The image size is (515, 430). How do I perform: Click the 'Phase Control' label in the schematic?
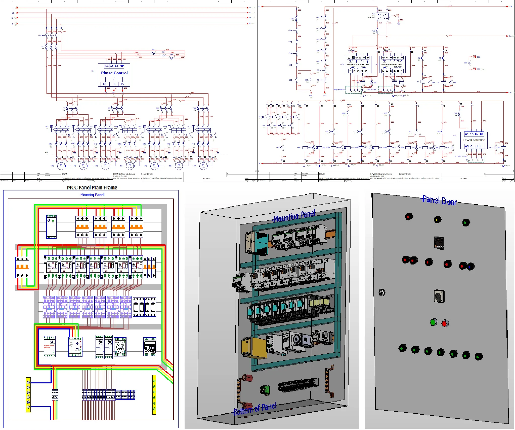pos(114,73)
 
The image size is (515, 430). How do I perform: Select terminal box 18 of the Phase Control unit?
pos(104,84)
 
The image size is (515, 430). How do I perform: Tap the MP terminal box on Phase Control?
pos(121,66)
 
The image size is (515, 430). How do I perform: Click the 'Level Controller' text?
pos(474,140)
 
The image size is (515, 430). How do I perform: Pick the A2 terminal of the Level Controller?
pos(467,146)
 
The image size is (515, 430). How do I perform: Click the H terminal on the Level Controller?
pos(476,146)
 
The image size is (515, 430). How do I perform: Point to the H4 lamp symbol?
pos(469,63)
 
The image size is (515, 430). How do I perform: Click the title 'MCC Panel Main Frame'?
pos(92,188)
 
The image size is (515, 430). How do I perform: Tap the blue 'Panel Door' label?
pos(439,201)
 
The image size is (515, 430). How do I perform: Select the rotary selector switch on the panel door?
pos(439,296)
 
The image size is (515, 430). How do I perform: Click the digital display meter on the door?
pos(439,243)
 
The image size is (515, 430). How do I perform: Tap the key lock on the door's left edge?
pos(382,293)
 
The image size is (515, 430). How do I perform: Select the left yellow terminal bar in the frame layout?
pos(28,394)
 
